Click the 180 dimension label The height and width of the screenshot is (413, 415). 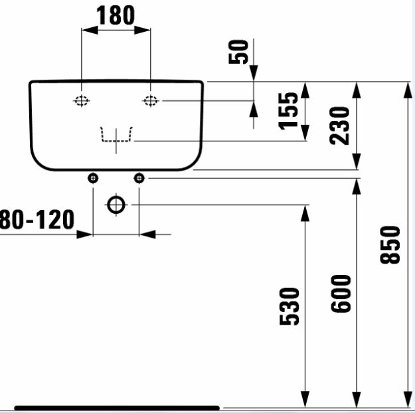(x=116, y=15)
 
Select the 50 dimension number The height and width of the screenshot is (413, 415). (x=238, y=52)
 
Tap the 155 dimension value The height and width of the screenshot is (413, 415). (x=288, y=111)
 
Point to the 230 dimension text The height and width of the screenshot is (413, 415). (x=339, y=125)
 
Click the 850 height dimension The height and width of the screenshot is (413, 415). (x=390, y=245)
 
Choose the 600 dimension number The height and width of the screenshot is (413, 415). (x=341, y=293)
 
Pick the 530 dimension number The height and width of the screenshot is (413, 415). (x=290, y=306)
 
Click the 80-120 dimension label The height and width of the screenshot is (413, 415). (x=37, y=219)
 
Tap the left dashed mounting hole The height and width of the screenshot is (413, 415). (x=82, y=101)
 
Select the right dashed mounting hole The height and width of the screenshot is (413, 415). (x=151, y=101)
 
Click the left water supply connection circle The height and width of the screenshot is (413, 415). (x=93, y=178)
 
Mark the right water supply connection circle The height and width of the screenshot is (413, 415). (x=139, y=178)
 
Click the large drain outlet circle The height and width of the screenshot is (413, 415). (x=116, y=205)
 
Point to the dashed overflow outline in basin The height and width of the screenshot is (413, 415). (x=116, y=141)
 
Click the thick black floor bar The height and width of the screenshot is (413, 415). (x=117, y=408)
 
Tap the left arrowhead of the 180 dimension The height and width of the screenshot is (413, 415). (x=90, y=30)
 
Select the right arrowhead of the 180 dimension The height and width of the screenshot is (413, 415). (x=142, y=30)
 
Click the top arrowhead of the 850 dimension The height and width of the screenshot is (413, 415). (x=408, y=90)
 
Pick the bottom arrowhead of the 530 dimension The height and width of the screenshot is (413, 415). (x=305, y=399)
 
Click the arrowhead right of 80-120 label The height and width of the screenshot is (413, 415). (x=84, y=234)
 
